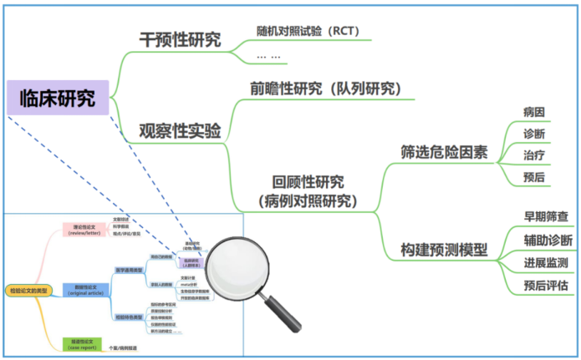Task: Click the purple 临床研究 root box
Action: [x=57, y=98]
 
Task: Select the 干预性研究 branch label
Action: [x=180, y=39]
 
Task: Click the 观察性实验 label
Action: [x=180, y=131]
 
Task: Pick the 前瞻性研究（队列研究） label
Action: [x=326, y=88]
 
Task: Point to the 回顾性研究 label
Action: [x=308, y=182]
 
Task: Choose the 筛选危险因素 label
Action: [x=444, y=152]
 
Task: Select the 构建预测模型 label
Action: [x=444, y=249]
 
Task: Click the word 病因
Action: [x=534, y=112]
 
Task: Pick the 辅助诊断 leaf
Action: [x=548, y=241]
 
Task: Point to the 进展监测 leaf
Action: [x=548, y=263]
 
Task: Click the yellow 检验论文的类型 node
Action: [x=28, y=291]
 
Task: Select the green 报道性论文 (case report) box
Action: [x=83, y=344]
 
